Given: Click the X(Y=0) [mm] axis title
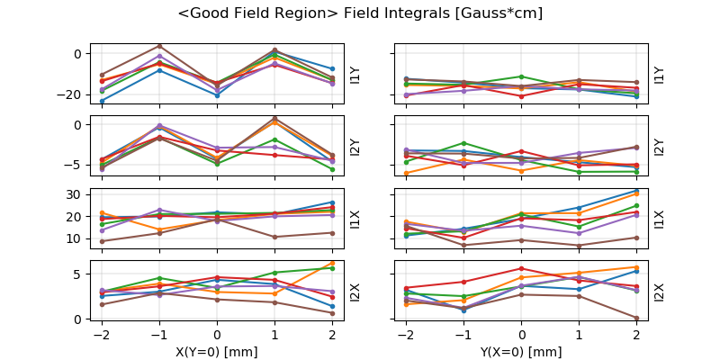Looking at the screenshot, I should point(216,352).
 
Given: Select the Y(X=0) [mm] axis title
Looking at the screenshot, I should point(521,352).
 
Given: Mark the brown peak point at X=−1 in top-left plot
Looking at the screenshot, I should point(159,46).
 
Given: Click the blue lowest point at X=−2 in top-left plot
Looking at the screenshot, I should point(102,101).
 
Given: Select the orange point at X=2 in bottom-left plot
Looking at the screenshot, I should point(332,264).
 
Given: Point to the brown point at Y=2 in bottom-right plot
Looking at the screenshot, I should point(636,318).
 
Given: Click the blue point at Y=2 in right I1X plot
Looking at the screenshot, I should point(636,191).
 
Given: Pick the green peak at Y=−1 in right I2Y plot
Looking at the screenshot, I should point(463,143).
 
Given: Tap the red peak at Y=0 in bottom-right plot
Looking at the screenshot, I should point(521,268).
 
